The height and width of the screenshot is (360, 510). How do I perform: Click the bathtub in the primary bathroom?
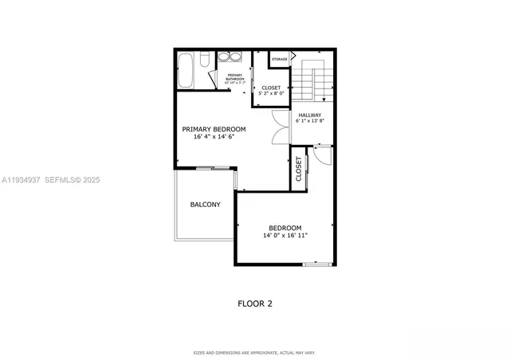(186, 70)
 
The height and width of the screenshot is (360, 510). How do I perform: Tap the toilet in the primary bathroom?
(204, 60)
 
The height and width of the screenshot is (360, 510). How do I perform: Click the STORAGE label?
(279, 59)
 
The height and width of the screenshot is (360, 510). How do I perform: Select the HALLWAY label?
(309, 114)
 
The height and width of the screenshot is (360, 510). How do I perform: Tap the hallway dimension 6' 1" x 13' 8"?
(309, 121)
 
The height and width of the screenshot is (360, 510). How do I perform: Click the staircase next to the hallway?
(314, 82)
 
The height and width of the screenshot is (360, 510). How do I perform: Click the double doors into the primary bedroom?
(280, 127)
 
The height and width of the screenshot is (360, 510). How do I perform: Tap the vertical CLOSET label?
(299, 169)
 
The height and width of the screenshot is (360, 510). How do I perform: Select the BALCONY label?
(205, 205)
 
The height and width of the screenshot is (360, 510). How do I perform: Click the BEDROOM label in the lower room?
(284, 227)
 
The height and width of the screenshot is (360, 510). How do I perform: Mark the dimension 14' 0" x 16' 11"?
(284, 235)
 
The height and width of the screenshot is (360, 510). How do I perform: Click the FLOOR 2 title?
(255, 303)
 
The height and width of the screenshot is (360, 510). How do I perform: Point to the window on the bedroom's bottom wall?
(316, 264)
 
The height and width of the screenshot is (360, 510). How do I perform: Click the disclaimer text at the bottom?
(255, 352)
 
